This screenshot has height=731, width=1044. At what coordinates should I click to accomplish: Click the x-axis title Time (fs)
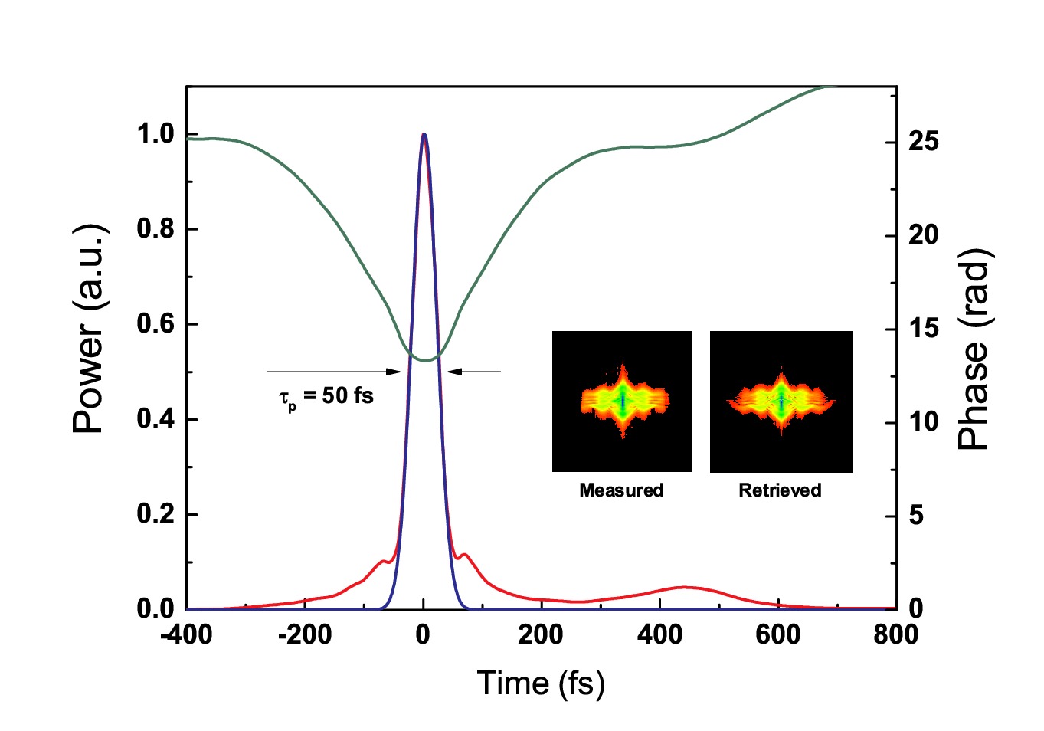point(541,683)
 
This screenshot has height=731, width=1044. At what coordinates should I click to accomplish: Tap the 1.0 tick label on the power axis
point(155,135)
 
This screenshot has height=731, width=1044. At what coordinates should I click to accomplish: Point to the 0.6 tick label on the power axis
point(155,324)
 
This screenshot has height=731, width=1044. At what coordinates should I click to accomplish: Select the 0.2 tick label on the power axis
point(155,514)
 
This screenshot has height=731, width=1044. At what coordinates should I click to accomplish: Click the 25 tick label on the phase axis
point(922,142)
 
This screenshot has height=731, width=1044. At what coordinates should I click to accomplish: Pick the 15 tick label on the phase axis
point(922,329)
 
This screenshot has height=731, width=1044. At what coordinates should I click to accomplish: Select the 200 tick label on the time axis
point(541,634)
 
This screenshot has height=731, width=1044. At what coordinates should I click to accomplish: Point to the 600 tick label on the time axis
point(777,634)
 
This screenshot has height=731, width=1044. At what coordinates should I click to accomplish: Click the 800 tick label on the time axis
point(895,634)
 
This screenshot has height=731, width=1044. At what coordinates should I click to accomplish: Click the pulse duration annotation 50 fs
point(327,396)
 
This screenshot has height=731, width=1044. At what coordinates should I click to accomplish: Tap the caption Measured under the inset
point(621,490)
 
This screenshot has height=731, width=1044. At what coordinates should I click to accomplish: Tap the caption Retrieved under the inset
point(780,490)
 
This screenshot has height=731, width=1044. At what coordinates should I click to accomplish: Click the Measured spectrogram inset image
point(622,401)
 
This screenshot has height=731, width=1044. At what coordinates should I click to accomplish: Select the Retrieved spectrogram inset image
point(781,401)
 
